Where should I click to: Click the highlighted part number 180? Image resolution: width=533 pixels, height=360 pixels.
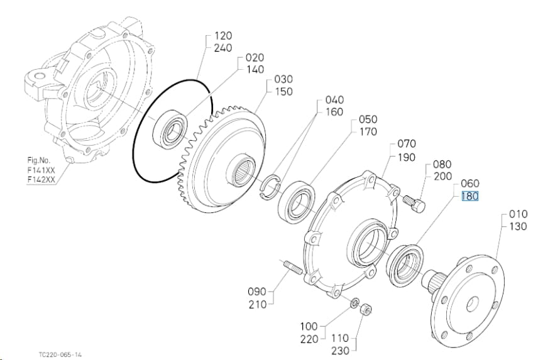click(x=470, y=196)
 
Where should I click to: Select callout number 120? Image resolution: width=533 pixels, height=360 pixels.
click(x=223, y=36)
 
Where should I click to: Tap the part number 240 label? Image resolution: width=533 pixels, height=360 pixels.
click(x=223, y=48)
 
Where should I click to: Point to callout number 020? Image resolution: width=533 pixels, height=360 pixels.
click(x=255, y=57)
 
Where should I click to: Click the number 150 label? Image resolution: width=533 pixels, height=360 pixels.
click(x=283, y=91)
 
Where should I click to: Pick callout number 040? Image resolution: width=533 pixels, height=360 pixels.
click(x=334, y=100)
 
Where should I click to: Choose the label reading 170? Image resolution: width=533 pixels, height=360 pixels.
click(x=368, y=131)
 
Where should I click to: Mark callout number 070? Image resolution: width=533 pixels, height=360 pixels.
click(x=407, y=144)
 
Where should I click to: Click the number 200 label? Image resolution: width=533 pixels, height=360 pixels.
click(x=442, y=177)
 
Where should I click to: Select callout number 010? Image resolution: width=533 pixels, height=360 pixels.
click(x=518, y=214)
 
